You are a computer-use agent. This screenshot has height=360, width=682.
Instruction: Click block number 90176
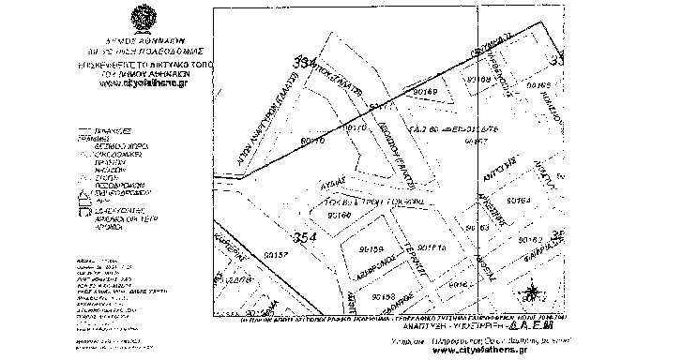[311, 141]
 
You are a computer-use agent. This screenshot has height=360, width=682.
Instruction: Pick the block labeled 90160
[341, 217]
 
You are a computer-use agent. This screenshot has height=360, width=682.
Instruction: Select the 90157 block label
[278, 253]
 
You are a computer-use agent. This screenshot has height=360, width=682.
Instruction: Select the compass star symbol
[531, 291]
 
